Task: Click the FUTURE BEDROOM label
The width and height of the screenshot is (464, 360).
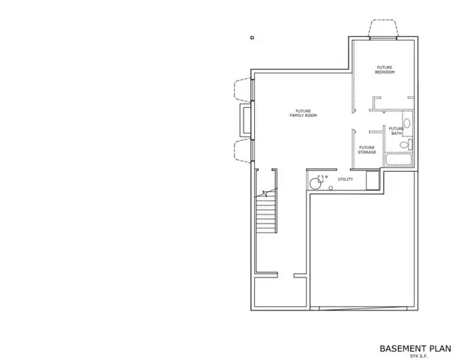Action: click(x=385, y=70)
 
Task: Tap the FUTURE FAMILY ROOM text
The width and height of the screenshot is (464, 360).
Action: click(x=304, y=115)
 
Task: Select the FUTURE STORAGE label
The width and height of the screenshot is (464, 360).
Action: click(x=367, y=149)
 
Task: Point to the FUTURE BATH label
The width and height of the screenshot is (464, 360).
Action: click(x=396, y=130)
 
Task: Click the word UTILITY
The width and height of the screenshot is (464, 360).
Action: click(x=345, y=179)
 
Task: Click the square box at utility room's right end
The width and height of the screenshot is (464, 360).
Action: click(x=372, y=181)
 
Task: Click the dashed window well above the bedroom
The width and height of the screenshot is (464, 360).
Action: click(x=382, y=28)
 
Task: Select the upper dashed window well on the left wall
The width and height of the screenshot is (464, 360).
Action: click(x=243, y=88)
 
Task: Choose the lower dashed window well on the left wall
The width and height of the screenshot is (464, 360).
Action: click(x=243, y=148)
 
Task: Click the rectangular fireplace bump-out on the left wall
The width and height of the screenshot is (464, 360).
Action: click(x=245, y=118)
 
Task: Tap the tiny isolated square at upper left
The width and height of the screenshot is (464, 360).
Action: click(x=252, y=37)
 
